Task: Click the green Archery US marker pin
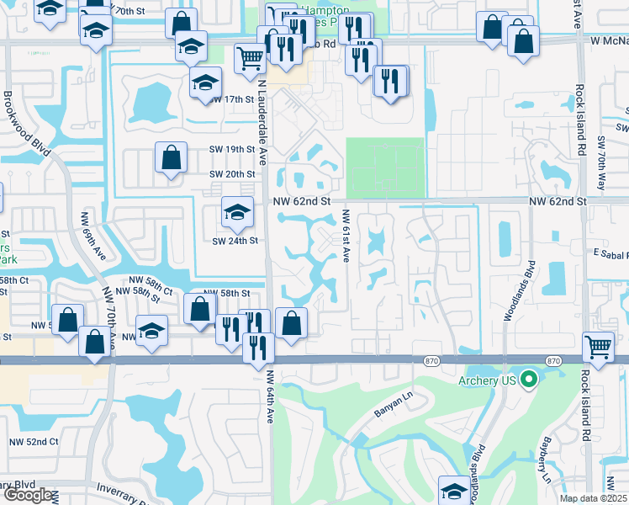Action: tap(529, 380)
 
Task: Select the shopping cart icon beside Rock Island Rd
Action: tap(598, 346)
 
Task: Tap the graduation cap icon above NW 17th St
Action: tap(203, 84)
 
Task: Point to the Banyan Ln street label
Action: tap(391, 412)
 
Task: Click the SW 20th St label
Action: tap(232, 174)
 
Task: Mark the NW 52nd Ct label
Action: tap(34, 442)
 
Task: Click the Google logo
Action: tap(28, 496)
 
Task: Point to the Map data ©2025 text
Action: tap(594, 498)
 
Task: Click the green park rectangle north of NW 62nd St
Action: tap(386, 167)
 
